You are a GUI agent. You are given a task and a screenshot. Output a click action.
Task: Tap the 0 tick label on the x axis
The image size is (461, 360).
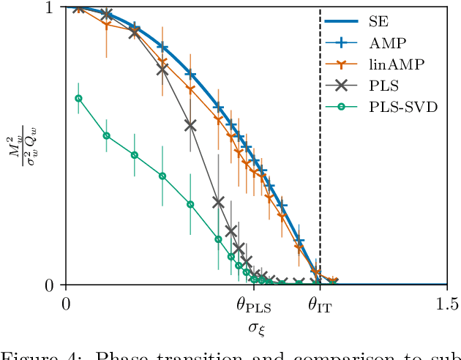pyautogui.click(x=66, y=302)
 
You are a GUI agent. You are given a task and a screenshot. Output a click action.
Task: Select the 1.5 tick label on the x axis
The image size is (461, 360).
pyautogui.click(x=446, y=302)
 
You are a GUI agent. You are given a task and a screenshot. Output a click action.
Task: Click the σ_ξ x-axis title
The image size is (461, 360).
pyautogui.click(x=256, y=326)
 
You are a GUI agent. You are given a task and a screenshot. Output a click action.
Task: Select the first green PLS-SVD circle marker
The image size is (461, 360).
pyautogui.click(x=79, y=98)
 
